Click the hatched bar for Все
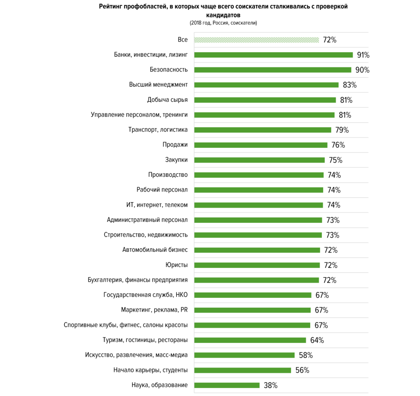[x=257, y=40]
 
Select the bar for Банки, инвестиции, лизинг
[x=274, y=55]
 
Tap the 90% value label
[x=362, y=70]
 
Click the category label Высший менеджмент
[x=158, y=85]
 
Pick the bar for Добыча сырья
[x=265, y=100]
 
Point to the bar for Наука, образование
[x=227, y=385]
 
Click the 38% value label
[x=270, y=385]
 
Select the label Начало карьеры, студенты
[x=150, y=370]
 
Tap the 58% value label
[x=306, y=355]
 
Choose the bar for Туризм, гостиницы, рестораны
[x=250, y=340]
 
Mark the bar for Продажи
[x=261, y=145]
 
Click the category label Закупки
[x=176, y=160]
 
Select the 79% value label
[x=342, y=130]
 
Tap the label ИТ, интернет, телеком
[x=157, y=205]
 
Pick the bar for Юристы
[x=257, y=265]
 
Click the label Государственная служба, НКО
[x=146, y=295]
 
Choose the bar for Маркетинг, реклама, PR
[x=253, y=310]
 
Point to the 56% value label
[x=302, y=370]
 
